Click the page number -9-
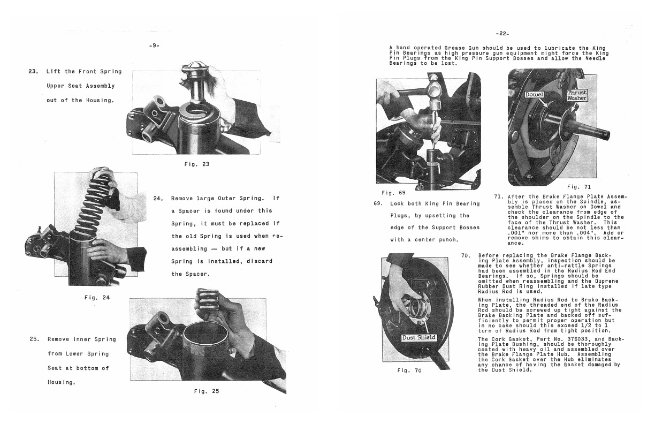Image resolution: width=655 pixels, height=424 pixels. click(x=154, y=47)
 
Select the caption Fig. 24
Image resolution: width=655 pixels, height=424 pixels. click(x=97, y=297)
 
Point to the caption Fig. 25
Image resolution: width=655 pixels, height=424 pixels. click(x=207, y=391)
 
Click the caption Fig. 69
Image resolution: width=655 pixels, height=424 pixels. click(x=393, y=192)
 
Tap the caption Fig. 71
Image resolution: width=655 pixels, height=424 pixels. click(x=579, y=186)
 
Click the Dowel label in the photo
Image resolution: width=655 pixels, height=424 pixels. click(x=534, y=94)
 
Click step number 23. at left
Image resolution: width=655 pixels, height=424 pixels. click(x=33, y=72)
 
